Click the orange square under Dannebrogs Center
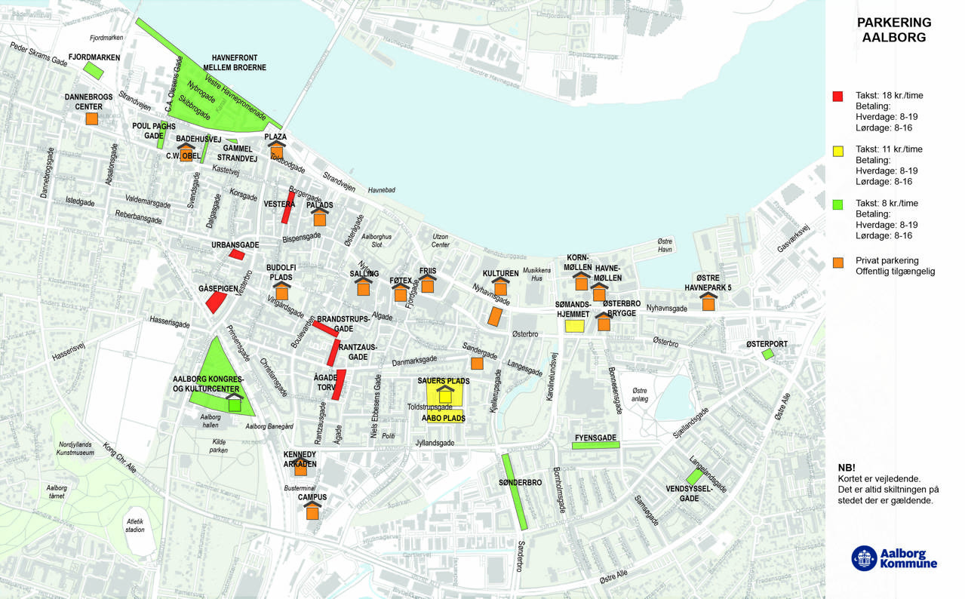point(92,118)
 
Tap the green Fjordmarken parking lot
point(94,71)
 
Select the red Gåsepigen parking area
point(216,302)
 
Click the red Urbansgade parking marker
point(237,254)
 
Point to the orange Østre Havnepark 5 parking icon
point(708,303)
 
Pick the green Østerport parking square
point(767,354)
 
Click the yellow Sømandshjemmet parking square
point(574,326)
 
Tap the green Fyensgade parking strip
point(595,445)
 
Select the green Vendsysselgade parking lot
point(694,477)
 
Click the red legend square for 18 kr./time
point(837,97)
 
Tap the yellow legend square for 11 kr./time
point(837,151)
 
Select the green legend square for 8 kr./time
point(837,204)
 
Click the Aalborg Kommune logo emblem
point(864,558)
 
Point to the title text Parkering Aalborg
point(894,30)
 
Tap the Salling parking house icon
point(364,287)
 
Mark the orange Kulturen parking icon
point(500,287)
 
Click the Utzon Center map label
point(440,241)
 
